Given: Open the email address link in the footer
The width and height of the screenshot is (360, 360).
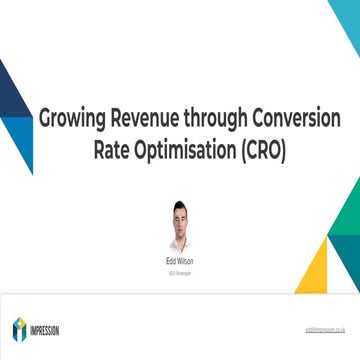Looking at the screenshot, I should point(326,329).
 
